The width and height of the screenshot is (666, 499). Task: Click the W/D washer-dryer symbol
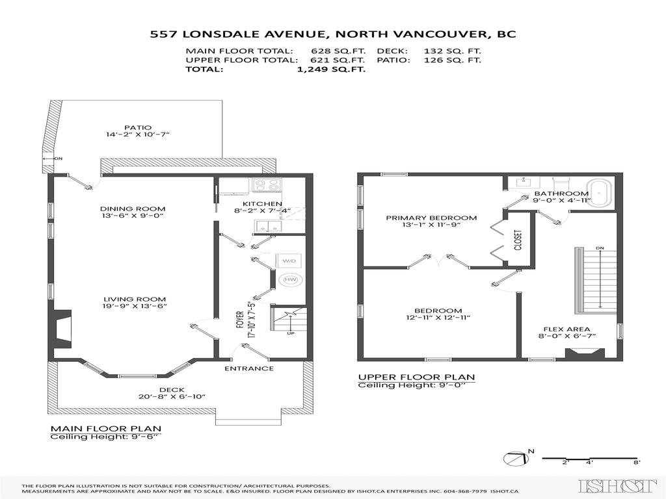coord(288,261)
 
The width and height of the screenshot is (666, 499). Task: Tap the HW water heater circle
coord(289,280)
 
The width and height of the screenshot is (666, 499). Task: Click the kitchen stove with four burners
coord(266,185)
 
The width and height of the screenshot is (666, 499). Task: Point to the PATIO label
coord(138,127)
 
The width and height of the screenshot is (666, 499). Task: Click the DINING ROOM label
coord(133,209)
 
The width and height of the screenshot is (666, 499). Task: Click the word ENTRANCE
coord(249,368)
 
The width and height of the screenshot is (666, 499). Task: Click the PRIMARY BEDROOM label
coord(431,218)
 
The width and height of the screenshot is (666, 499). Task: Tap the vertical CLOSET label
coord(518,239)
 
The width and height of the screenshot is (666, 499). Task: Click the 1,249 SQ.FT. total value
coord(330,70)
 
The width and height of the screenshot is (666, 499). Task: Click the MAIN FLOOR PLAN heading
coord(106,429)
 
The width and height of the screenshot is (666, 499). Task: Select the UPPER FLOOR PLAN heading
coord(416,377)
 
